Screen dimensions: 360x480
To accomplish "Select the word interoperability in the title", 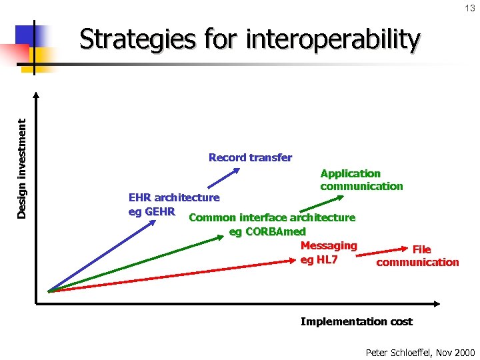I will coord(333,40).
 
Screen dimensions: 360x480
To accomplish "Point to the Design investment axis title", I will coord(22,168).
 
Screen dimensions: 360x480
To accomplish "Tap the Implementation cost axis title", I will coord(356,322).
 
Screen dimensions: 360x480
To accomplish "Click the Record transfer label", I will coord(250,158).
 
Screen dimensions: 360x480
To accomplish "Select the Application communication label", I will coord(361,180).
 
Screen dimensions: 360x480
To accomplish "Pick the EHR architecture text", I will coord(173,197).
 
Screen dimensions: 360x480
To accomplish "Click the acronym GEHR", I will coord(160,212).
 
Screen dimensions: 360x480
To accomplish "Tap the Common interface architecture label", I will coord(272,217).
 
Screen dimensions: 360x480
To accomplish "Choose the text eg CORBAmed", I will coord(267,232).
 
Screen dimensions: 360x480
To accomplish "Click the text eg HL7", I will coord(319,260).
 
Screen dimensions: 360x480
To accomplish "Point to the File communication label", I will coord(418,256).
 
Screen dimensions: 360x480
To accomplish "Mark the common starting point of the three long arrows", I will coord(49,291).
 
